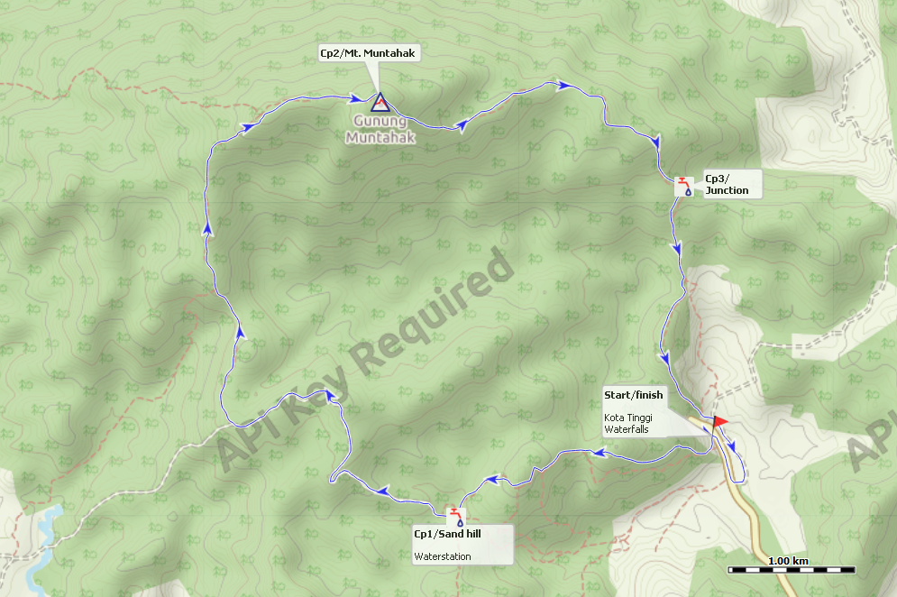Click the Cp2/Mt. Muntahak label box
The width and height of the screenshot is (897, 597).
(x=370, y=53)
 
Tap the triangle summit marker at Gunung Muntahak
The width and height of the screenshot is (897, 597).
(x=379, y=102)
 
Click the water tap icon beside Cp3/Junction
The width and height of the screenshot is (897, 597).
(x=686, y=186)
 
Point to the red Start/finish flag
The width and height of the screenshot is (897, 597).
(x=719, y=420)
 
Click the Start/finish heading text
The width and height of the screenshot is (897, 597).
(x=633, y=395)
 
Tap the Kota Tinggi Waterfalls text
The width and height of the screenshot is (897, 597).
(x=627, y=423)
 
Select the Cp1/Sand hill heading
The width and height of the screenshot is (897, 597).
(x=447, y=535)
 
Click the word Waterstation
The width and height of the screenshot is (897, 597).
(x=442, y=556)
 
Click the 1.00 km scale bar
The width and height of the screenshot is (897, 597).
(x=792, y=570)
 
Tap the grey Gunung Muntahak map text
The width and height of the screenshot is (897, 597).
(x=380, y=130)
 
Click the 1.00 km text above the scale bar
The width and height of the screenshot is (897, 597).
(x=788, y=560)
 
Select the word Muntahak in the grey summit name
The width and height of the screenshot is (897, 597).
(x=380, y=138)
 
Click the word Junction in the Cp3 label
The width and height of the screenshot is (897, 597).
(x=727, y=190)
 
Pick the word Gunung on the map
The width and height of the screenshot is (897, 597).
(x=380, y=122)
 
